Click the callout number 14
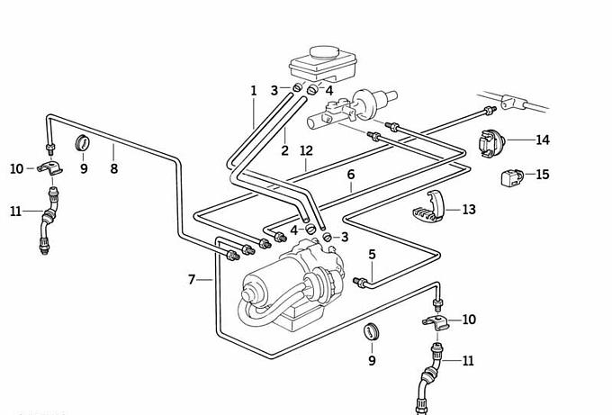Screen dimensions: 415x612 click(542, 140)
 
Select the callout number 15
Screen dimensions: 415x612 click(542, 174)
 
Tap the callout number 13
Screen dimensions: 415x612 click(468, 210)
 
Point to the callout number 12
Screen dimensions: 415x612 click(306, 150)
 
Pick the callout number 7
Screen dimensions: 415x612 click(192, 280)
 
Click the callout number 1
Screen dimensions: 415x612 click(254, 91)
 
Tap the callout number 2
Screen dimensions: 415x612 click(284, 150)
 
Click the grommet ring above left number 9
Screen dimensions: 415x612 click(83, 142)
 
